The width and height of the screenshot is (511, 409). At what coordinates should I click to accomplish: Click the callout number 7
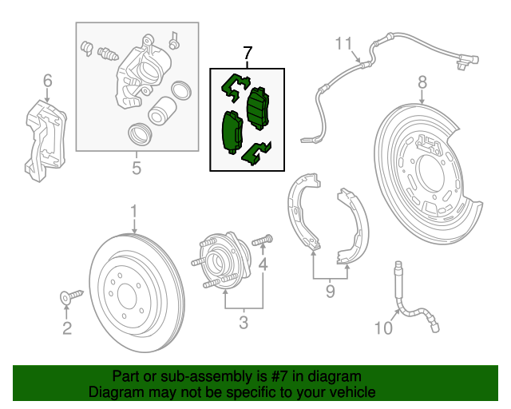[247, 54]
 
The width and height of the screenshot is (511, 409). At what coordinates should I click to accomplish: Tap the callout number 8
[422, 81]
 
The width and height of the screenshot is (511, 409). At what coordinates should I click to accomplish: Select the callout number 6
[47, 80]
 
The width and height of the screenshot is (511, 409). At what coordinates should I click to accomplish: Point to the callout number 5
[136, 168]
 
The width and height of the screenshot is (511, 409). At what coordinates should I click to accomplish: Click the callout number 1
[134, 211]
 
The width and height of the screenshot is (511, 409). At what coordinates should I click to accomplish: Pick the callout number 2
[67, 328]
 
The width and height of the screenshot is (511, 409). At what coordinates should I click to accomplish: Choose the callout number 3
[244, 323]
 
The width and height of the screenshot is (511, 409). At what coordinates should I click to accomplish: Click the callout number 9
[330, 292]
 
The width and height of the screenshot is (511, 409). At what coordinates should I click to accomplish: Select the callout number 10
[384, 327]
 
